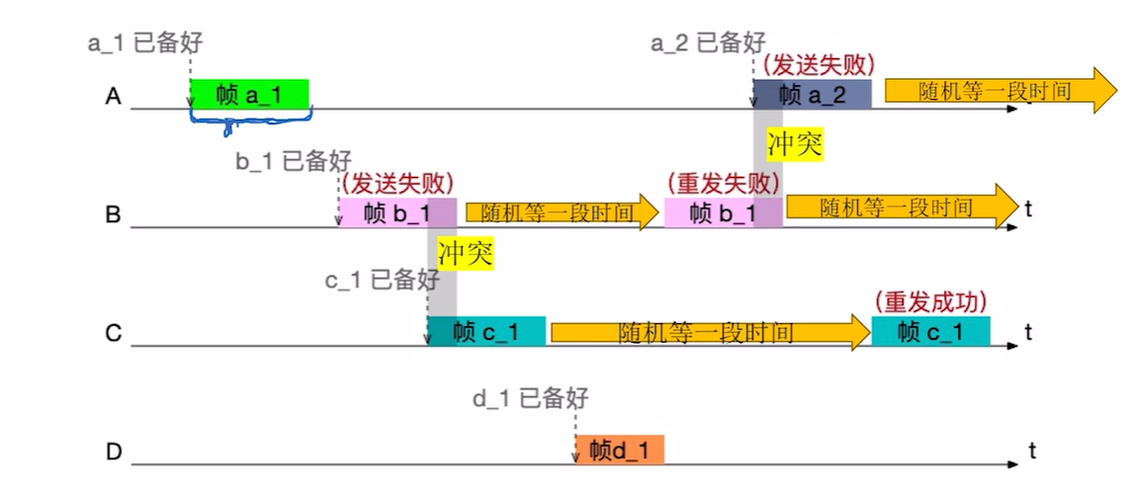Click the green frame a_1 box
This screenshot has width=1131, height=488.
(x=249, y=95)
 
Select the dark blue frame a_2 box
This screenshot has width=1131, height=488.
(x=812, y=95)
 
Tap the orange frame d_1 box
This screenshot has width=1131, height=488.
(x=620, y=450)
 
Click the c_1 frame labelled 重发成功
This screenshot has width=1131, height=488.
(x=930, y=332)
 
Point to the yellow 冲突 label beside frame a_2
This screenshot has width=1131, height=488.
(x=796, y=144)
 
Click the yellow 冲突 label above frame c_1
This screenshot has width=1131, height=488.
(x=465, y=253)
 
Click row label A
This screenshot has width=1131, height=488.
(x=114, y=96)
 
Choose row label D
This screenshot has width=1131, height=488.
(x=114, y=452)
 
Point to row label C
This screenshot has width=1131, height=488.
(x=114, y=333)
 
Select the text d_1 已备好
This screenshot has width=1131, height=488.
(x=532, y=398)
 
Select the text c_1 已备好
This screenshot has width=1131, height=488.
(x=382, y=280)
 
